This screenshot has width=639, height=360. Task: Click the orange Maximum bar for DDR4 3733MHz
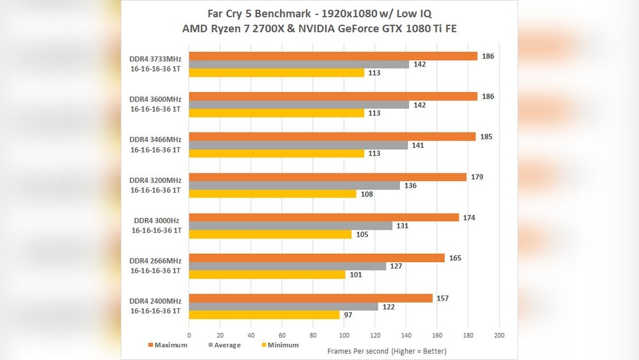click(x=333, y=56)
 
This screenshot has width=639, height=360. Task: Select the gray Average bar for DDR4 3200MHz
click(x=295, y=185)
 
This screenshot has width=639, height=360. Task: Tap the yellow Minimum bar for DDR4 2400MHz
click(x=265, y=315)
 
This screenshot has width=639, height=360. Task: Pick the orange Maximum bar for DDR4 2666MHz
click(x=317, y=258)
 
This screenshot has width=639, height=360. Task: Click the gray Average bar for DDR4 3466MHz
click(x=298, y=145)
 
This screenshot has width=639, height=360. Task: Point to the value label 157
click(x=442, y=299)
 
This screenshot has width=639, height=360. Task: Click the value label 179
click(x=477, y=177)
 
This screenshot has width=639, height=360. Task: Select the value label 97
click(x=349, y=315)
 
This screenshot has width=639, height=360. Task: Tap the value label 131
click(x=402, y=226)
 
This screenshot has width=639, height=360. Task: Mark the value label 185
click(x=486, y=137)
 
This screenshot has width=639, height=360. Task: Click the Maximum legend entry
click(x=167, y=345)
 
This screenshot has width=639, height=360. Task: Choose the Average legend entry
click(x=224, y=345)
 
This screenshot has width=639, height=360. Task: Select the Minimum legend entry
click(x=281, y=345)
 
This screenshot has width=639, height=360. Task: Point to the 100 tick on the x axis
click(x=344, y=335)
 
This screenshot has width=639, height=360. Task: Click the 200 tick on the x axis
click(x=500, y=335)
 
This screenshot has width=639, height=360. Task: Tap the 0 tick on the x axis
click(x=189, y=335)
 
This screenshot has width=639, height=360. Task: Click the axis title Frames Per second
click(x=387, y=351)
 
